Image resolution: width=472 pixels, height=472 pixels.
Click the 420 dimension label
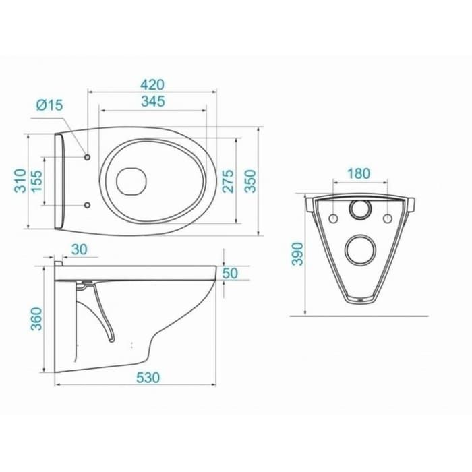tap(152, 84)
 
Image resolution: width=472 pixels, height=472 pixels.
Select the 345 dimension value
tap(153, 101)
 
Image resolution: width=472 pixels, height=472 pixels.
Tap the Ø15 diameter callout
tap(50, 105)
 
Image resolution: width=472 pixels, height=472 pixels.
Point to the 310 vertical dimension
tap(20, 181)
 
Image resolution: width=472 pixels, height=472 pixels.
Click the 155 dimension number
tap(36, 181)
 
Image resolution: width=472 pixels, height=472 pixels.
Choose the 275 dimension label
tap(228, 181)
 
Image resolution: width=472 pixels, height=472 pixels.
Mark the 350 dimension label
tap(250, 181)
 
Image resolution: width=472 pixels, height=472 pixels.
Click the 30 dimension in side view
tap(80, 249)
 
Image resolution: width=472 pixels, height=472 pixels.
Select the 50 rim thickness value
tap(230, 273)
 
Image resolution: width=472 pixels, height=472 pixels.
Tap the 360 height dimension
tap(36, 319)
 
